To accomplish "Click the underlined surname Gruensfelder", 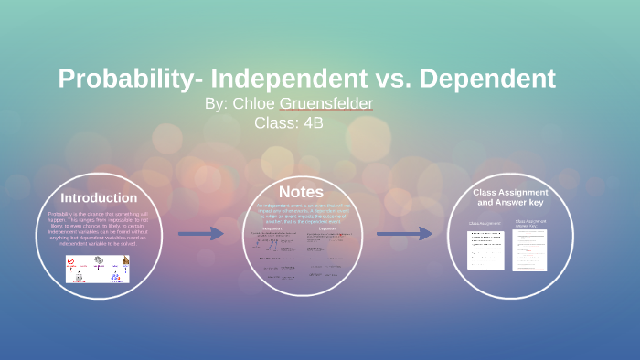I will pos(327,104).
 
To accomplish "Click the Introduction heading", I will pos(99,197).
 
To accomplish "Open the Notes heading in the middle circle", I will pos(301,192).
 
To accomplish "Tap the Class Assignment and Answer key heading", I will pos(510,198).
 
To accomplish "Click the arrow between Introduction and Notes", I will pos(200,234).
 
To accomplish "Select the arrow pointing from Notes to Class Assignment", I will pos(403,234).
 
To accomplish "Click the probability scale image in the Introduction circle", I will pos(98,267).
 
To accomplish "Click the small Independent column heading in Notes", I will pos(272,229).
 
